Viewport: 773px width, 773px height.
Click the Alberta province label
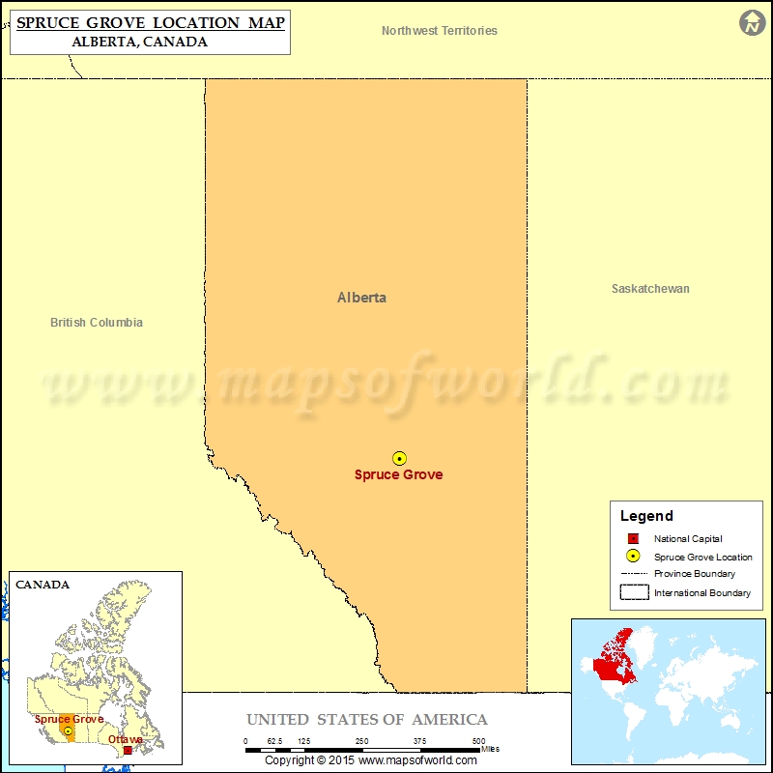click(x=361, y=298)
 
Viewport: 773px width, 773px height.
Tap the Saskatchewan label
click(x=650, y=289)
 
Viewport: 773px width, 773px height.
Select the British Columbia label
click(x=97, y=323)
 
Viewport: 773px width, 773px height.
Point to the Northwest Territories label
click(x=440, y=31)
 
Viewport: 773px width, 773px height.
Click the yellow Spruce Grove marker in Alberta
click(x=399, y=458)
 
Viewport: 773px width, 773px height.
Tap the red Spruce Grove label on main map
click(x=398, y=474)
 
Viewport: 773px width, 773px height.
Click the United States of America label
click(x=367, y=720)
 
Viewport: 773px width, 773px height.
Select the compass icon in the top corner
click(x=753, y=23)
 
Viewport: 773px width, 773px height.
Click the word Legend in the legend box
click(x=646, y=516)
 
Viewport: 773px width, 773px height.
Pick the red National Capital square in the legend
click(x=633, y=539)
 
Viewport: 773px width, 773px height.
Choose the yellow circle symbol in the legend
click(x=633, y=557)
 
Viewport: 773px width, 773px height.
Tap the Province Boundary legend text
click(x=694, y=574)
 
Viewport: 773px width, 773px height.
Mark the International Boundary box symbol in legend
click(x=634, y=592)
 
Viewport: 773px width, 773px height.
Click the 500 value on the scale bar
click(x=478, y=741)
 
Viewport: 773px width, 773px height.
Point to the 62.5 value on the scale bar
click(x=274, y=741)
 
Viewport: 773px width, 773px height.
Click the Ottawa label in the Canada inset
click(x=125, y=740)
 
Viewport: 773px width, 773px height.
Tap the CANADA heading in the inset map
click(x=43, y=585)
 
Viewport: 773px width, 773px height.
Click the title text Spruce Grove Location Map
click(x=151, y=21)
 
